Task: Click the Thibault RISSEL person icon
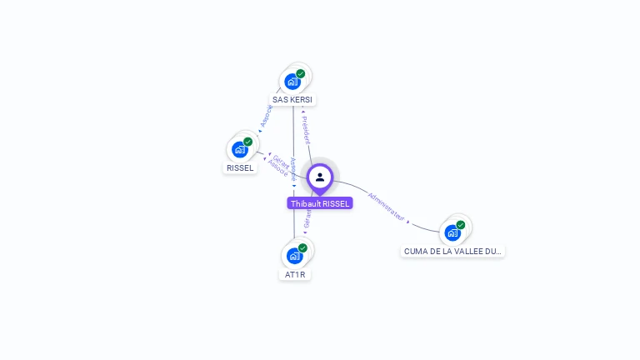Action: (320, 177)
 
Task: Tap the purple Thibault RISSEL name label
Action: (320, 203)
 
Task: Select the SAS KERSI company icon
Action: (292, 82)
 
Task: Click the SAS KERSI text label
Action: (292, 100)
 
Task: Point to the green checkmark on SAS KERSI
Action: (301, 73)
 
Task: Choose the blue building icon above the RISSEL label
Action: (240, 150)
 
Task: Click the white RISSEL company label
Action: (240, 168)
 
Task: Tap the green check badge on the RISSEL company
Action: (248, 142)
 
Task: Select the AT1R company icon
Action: (294, 256)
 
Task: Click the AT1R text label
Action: (294, 274)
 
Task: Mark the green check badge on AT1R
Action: (302, 247)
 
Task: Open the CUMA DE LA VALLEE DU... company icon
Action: (452, 232)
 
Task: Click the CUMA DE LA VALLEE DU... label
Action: (452, 251)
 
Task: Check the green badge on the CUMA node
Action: (461, 225)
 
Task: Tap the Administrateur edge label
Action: (385, 207)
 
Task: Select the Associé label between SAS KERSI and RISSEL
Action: (266, 117)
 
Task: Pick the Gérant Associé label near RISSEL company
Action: (280, 165)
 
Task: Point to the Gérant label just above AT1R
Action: (307, 218)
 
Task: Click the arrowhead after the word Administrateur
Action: (408, 222)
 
